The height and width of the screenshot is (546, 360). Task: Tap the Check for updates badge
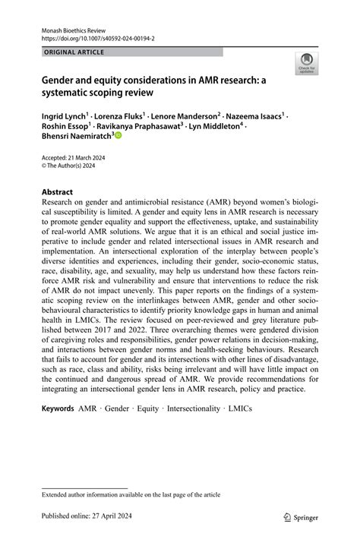point(307,62)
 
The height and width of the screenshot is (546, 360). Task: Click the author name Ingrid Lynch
point(64,116)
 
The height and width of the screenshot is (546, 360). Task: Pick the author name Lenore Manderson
point(185,116)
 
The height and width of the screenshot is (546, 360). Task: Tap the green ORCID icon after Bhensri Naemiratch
point(117,137)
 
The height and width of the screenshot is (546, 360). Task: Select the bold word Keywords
point(58,408)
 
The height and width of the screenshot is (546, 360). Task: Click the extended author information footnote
point(124,494)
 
